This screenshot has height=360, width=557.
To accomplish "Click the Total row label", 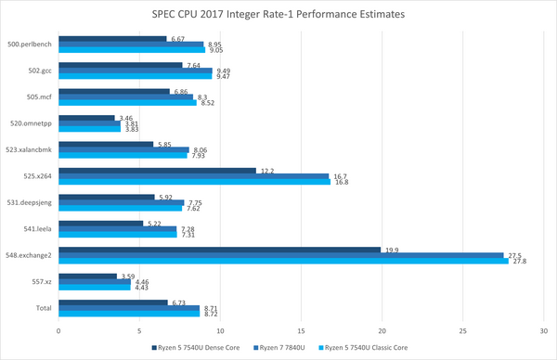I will click(45, 307).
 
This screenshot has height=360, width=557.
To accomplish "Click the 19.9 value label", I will click(391, 249).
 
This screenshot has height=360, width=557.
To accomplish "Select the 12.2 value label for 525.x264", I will click(266, 170).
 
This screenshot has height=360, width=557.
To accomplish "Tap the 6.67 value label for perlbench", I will click(176, 39).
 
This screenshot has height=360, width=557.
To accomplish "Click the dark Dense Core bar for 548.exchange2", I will click(219, 249).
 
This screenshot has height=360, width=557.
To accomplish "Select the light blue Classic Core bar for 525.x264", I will click(194, 182).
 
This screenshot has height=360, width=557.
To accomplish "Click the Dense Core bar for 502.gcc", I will click(120, 65).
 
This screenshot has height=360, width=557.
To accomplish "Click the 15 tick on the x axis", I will click(301, 328).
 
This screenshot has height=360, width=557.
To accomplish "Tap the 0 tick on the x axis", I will click(58, 328).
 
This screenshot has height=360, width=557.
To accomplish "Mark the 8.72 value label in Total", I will click(210, 314).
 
